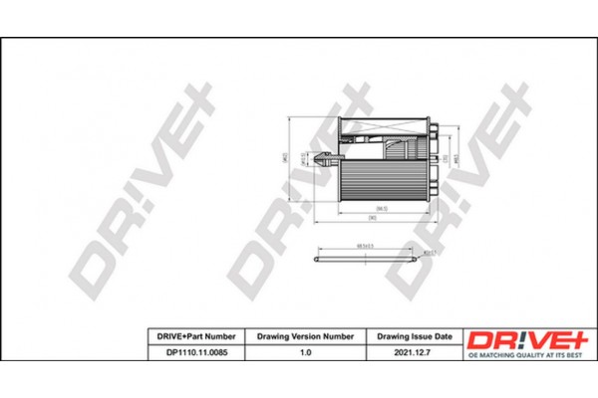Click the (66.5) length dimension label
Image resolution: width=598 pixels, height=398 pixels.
pyautogui.click(x=367, y=207)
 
